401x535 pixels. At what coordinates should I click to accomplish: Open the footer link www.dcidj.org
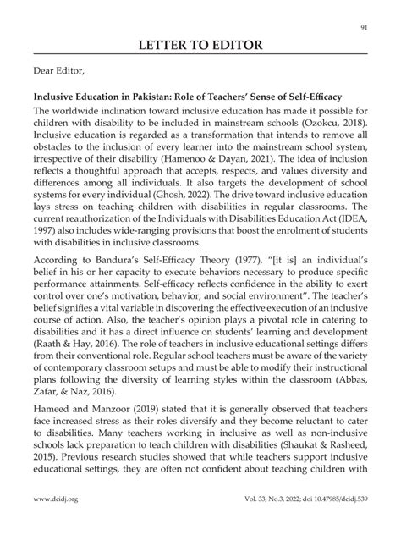point(57,524)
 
